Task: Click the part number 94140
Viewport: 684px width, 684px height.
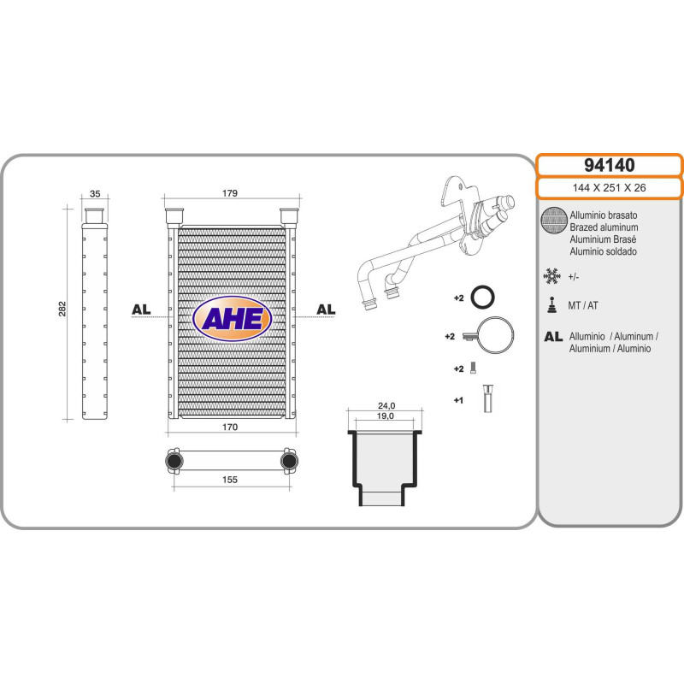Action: click(608, 165)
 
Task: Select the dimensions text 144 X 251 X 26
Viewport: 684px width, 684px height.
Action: click(608, 187)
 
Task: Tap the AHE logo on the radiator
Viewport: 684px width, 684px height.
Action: click(232, 318)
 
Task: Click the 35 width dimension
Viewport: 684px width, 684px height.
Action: click(95, 194)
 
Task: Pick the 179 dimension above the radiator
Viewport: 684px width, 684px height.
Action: click(230, 193)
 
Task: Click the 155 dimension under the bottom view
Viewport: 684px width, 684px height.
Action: click(230, 481)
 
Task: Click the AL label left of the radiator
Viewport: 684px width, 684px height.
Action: click(141, 309)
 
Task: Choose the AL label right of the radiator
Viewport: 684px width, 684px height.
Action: click(326, 309)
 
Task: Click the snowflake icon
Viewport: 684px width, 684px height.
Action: click(552, 275)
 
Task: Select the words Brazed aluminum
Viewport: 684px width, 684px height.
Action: click(603, 228)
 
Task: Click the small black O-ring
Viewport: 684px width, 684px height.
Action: click(484, 298)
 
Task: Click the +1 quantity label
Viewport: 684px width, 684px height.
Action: click(458, 399)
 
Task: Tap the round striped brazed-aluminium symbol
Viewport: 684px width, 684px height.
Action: click(553, 222)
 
